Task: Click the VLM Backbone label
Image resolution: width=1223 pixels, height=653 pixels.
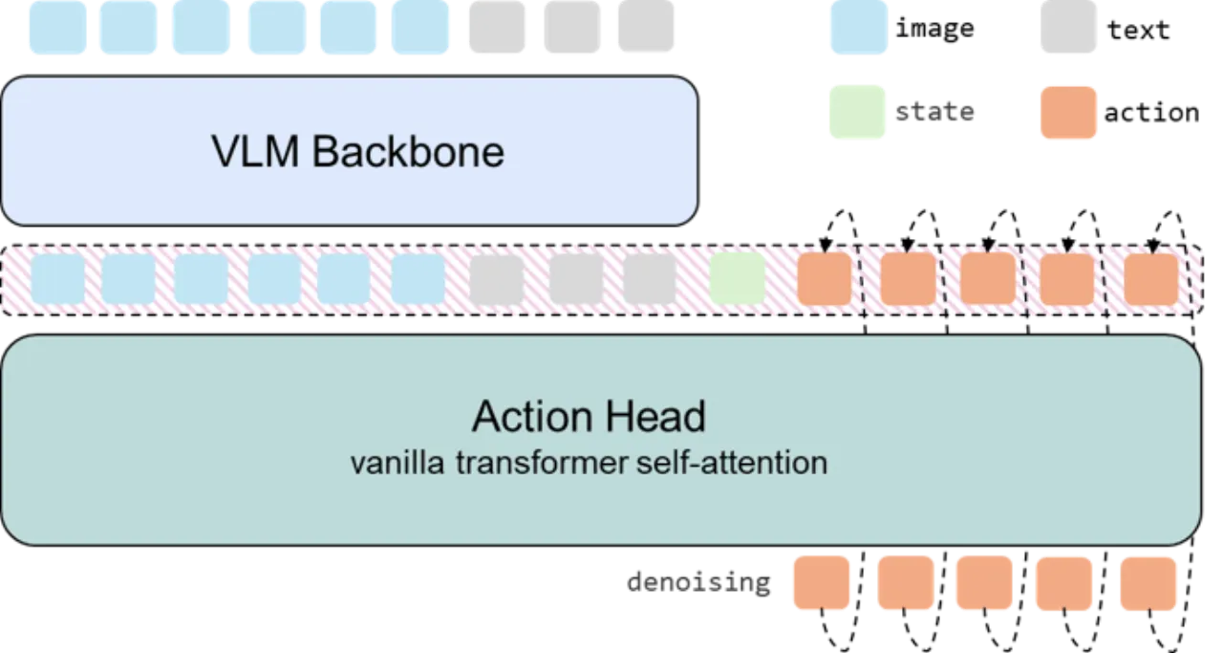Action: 357,151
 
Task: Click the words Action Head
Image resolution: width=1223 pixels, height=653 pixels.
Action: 589,417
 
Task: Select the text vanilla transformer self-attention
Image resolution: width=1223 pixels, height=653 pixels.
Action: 589,463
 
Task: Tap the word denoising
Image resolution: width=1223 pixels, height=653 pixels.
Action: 698,583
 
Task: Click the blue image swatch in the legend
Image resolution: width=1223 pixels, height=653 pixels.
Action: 858,28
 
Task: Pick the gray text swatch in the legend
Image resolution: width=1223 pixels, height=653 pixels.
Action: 1068,27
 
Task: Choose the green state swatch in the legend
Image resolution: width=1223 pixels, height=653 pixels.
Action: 857,112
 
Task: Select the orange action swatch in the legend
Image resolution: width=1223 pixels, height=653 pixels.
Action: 1068,112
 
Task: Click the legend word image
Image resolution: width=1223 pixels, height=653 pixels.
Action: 934,29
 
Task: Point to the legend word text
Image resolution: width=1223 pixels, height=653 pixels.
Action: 1138,30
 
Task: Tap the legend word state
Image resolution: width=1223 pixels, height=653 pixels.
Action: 934,112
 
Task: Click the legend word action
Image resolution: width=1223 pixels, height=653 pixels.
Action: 1151,113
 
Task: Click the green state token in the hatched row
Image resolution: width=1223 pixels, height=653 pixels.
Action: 737,278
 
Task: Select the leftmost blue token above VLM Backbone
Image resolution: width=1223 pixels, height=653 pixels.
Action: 58,28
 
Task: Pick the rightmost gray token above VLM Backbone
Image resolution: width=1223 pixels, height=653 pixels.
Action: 646,26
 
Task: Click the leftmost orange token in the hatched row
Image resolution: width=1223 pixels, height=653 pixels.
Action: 825,278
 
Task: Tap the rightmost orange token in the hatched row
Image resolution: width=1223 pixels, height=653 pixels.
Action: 1151,279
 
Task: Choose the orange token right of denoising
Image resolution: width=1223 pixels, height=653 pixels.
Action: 821,582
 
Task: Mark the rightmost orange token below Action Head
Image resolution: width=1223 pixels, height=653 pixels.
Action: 1148,583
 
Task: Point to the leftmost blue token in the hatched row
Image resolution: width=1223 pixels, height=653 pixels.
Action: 58,278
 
